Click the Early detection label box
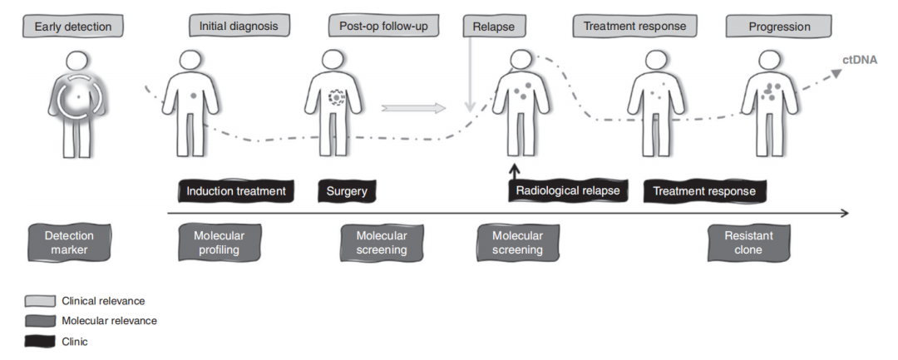73,27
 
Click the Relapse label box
494,27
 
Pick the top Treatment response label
634,27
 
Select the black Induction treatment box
236,191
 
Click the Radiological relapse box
568,191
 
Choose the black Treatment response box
704,191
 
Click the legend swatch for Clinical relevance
40,301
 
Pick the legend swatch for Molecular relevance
40,320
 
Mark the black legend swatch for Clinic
40,339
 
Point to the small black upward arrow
515,172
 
